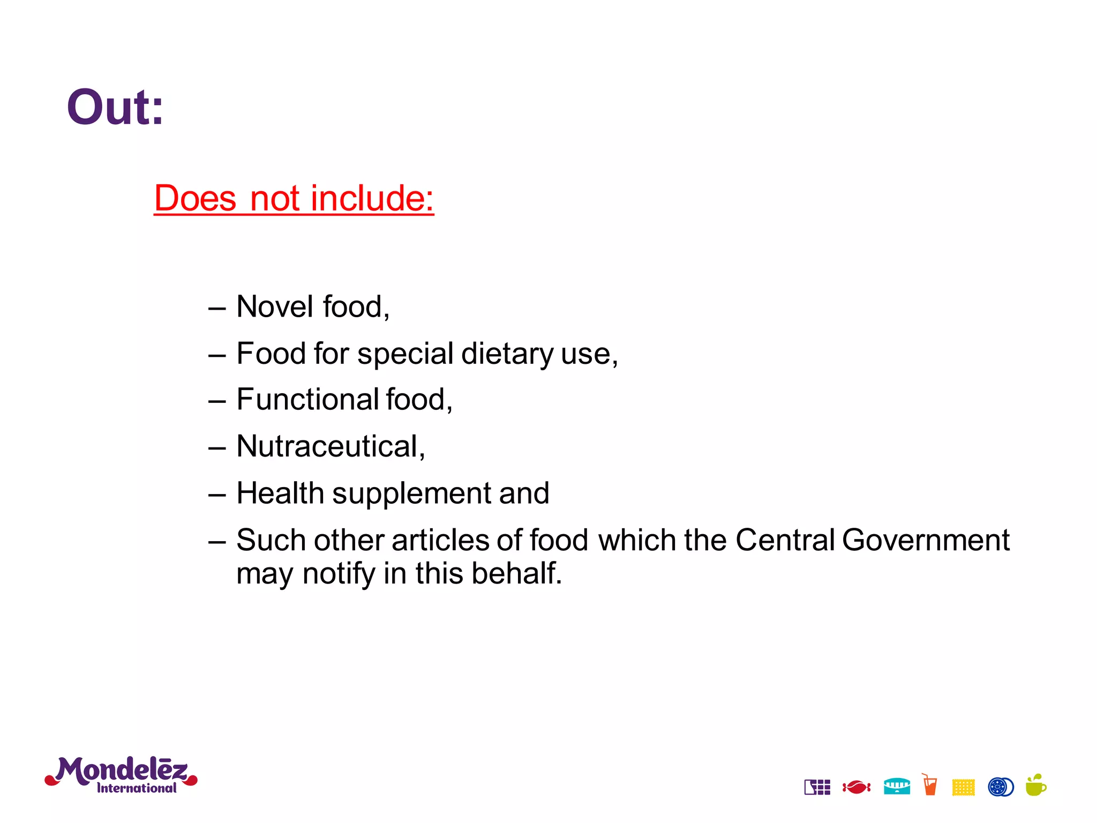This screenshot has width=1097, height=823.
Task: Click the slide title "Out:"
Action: [115, 108]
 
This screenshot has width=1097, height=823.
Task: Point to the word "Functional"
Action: [308, 400]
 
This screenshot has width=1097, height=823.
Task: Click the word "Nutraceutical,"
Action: [330, 446]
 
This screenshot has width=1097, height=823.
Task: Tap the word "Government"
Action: [925, 540]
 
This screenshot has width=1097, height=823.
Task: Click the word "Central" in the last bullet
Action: [785, 540]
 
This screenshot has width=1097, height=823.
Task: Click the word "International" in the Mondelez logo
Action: [137, 788]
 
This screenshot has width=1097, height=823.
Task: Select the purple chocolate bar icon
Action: [817, 787]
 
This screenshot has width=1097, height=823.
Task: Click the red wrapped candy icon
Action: [856, 787]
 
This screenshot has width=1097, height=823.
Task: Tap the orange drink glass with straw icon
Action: [930, 785]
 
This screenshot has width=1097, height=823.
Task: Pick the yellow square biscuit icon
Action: [963, 787]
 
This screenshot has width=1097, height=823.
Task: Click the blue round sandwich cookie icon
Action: [1000, 787]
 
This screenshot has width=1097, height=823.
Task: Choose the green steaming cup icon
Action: [1035, 785]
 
